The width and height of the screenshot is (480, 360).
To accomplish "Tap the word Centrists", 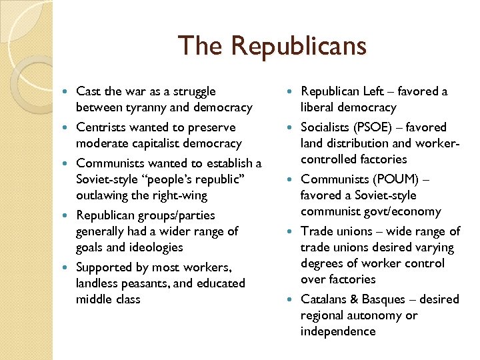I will coord(101,127).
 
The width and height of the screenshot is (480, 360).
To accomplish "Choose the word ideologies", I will coord(155,247).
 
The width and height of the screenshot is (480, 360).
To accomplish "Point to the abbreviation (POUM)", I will coord(401,179).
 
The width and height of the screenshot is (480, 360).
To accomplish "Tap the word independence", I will coord(338,331).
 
